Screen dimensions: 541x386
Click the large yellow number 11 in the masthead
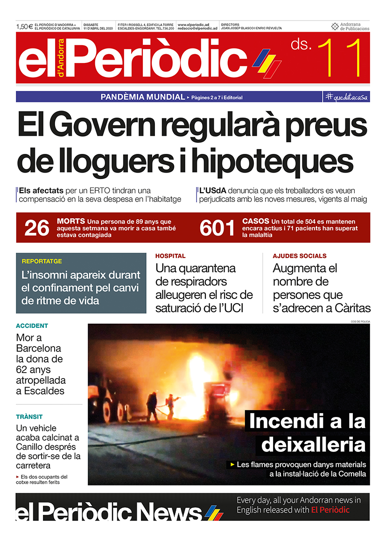coord(340,59)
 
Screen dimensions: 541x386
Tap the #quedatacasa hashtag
coord(347,97)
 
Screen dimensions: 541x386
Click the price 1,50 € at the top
coord(24,27)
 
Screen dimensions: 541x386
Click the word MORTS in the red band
coord(70,221)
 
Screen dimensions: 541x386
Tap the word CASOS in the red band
coord(256,221)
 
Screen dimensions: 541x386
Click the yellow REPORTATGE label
coord(42,261)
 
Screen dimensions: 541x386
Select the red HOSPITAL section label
coord(170,256)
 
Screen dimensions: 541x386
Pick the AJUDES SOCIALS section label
coord(300,256)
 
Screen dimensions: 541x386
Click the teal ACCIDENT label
coord(32,326)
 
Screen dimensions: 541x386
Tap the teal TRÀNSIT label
coord(29,417)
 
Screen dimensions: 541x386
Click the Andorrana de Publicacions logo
coord(350,27)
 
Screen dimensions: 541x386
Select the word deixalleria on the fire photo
coord(313,444)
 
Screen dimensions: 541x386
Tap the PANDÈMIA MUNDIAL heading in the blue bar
coord(143,97)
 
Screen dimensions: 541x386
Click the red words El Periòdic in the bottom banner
coord(330,510)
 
